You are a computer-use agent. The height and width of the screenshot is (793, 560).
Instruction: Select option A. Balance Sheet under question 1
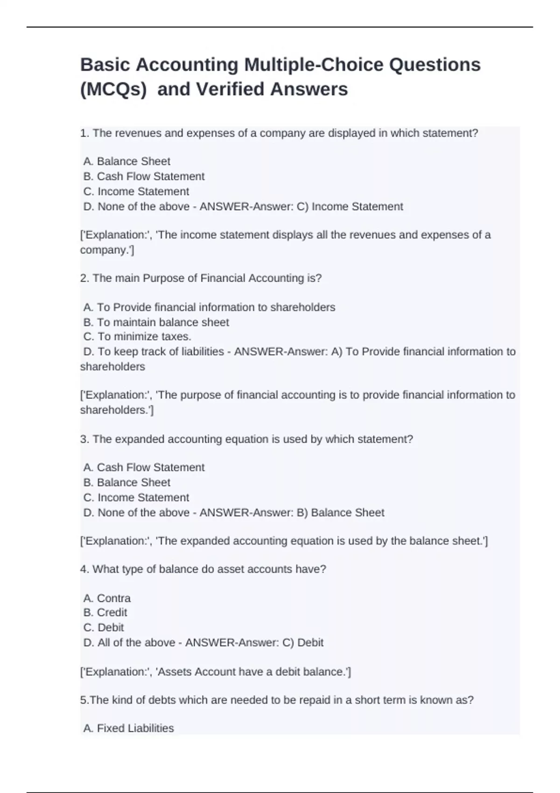(x=126, y=161)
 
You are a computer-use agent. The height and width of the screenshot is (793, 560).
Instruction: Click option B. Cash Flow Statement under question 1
(x=144, y=176)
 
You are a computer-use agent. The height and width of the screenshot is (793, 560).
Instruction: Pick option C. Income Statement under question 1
(x=136, y=192)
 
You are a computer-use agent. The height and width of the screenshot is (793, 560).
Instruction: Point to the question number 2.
(x=84, y=278)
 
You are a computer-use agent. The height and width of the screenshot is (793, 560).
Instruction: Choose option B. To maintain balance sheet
(x=156, y=322)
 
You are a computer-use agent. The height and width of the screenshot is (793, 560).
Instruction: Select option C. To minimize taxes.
(x=137, y=337)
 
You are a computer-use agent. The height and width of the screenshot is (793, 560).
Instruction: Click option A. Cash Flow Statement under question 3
(x=144, y=467)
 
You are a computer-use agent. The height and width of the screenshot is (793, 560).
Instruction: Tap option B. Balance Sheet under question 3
(x=126, y=482)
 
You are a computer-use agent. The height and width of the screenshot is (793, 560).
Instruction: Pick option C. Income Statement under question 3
(x=136, y=498)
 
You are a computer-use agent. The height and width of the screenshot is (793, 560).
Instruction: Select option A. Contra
(x=107, y=598)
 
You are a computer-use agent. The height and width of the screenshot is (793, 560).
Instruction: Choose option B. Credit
(x=105, y=612)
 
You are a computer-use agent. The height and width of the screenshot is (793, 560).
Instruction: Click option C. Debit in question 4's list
(x=104, y=627)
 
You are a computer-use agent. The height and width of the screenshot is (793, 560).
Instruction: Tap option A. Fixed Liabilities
(x=128, y=728)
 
